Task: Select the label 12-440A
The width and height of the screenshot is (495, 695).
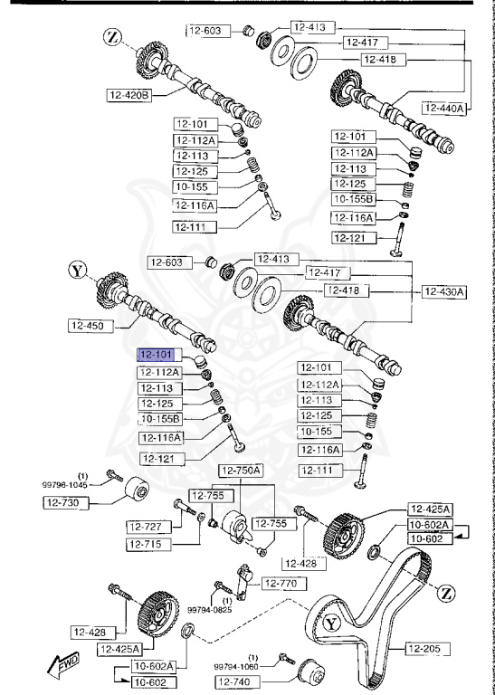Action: [x=443, y=108]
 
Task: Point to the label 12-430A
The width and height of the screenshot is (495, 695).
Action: [x=444, y=291]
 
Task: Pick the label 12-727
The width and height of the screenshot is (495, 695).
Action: [x=146, y=525]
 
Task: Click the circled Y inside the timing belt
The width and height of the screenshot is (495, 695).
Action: [x=331, y=623]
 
